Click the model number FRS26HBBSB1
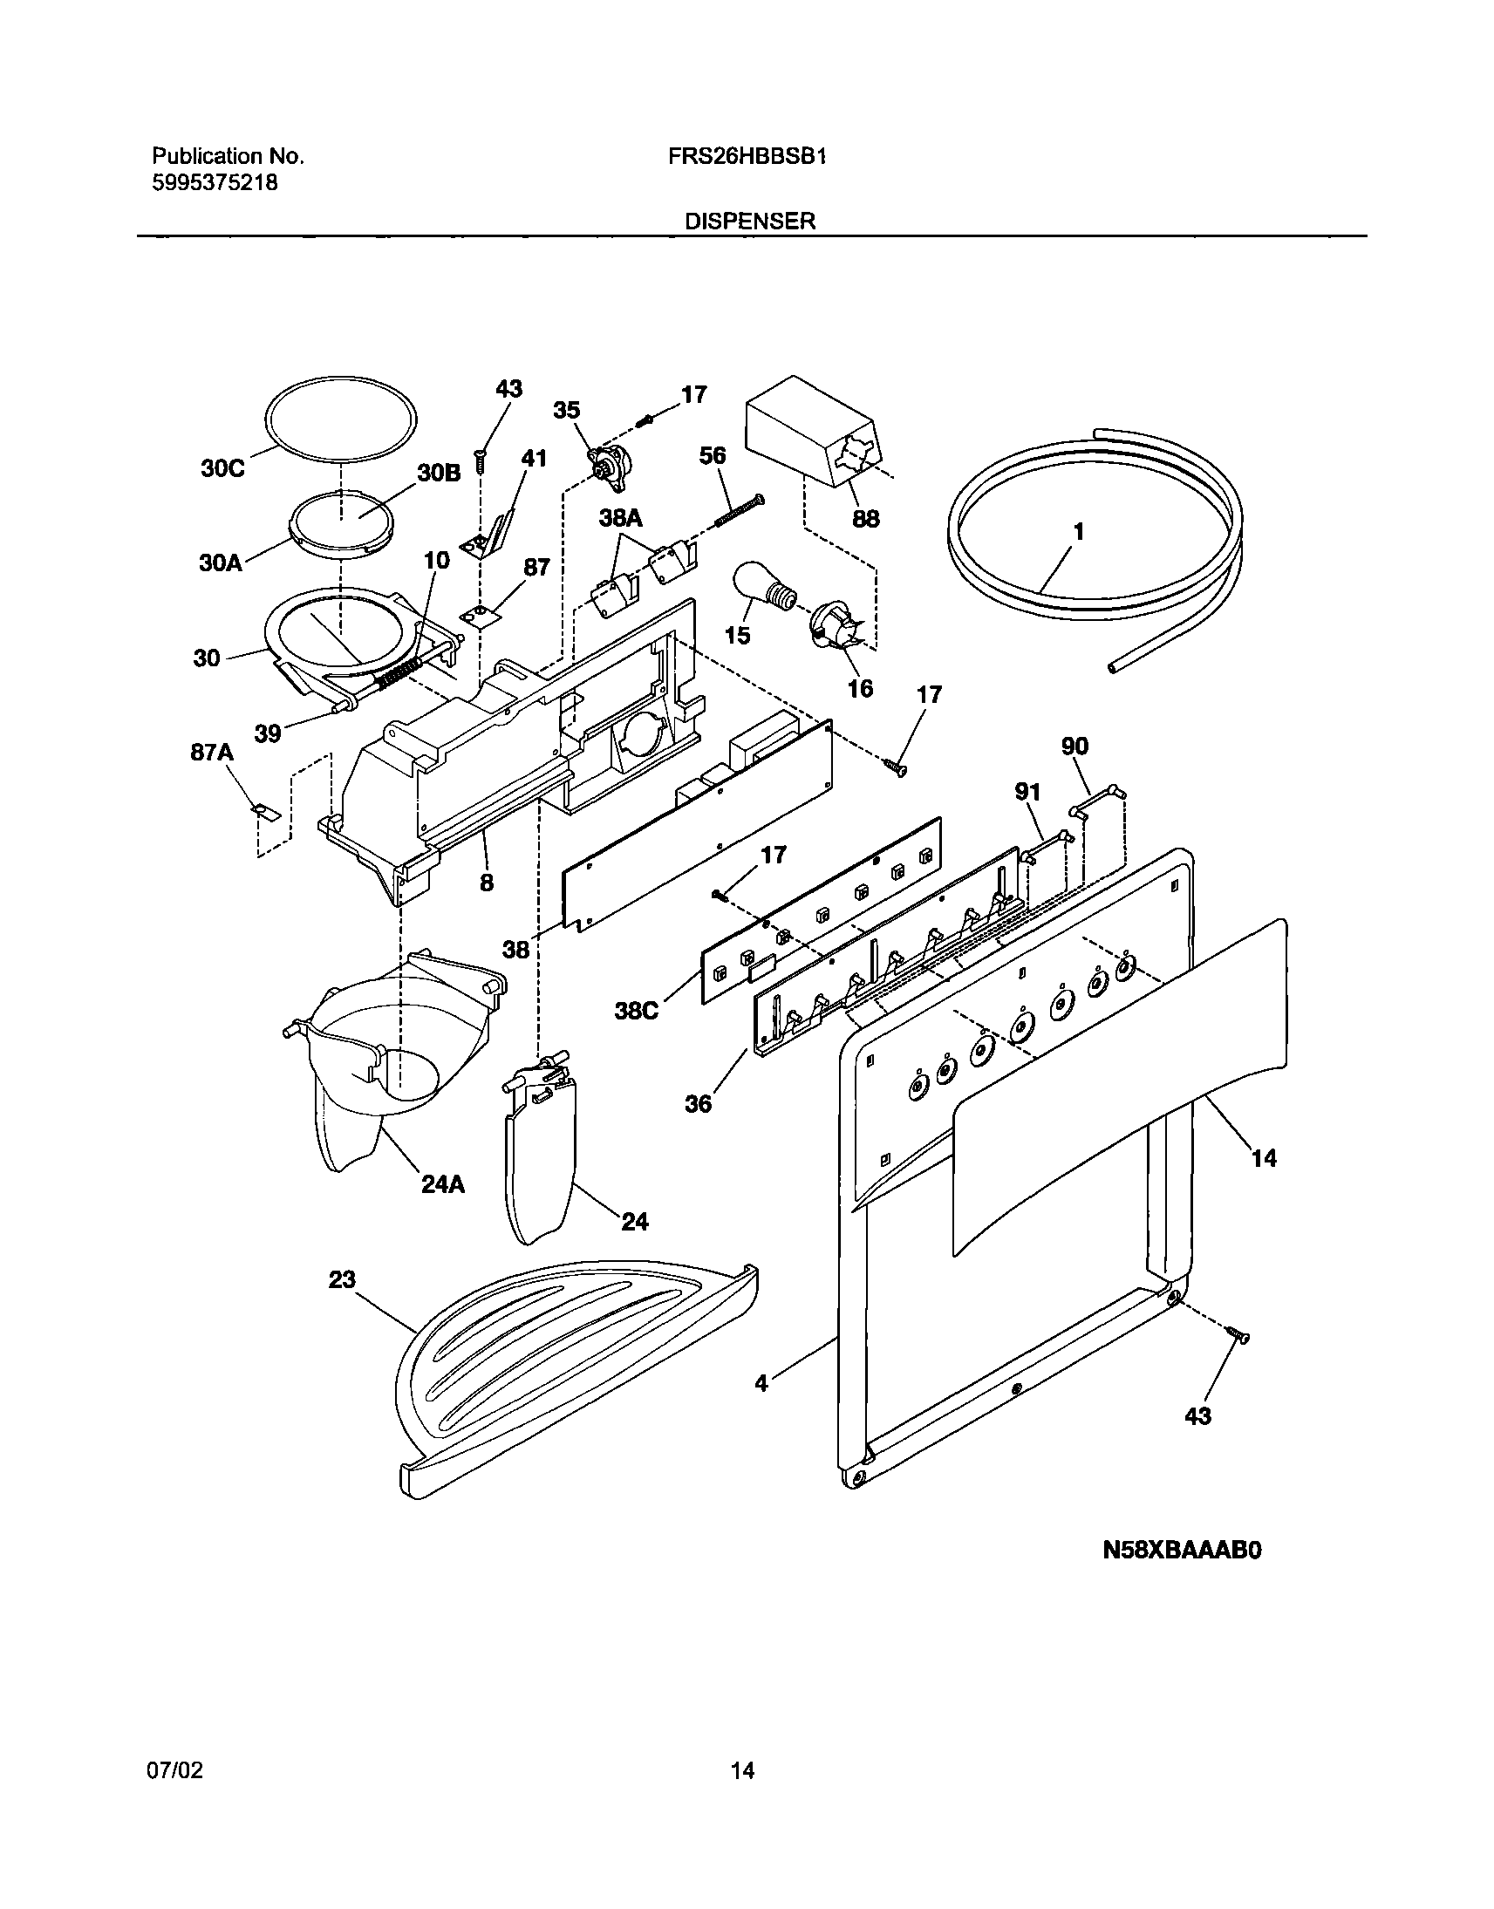click(x=750, y=156)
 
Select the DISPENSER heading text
click(x=750, y=222)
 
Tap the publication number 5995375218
click(x=215, y=183)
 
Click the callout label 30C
click(x=222, y=468)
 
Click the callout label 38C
click(x=636, y=1011)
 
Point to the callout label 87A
click(x=212, y=752)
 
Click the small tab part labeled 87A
click(x=268, y=814)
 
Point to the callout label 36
click(x=698, y=1103)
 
